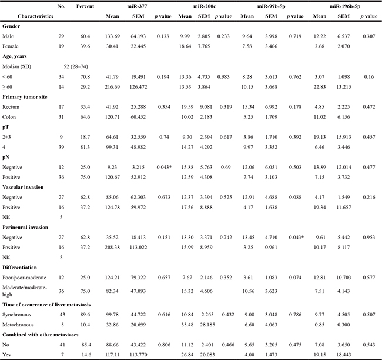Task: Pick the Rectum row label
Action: tap(12, 106)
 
